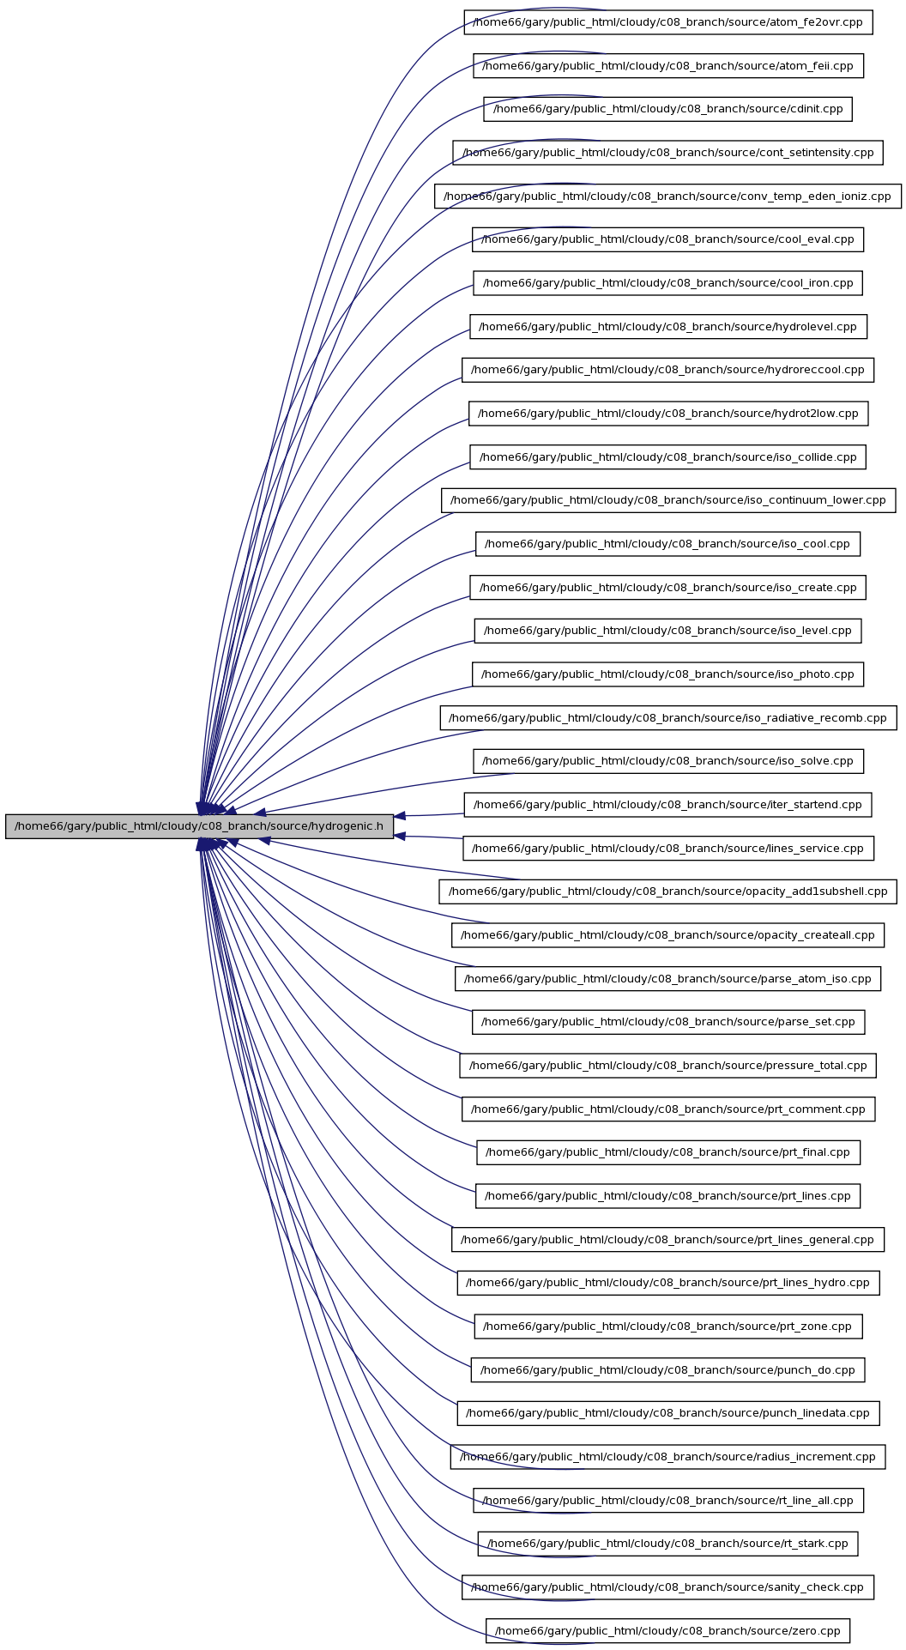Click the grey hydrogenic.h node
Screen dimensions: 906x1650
point(199,826)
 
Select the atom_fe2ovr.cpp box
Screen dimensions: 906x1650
point(668,22)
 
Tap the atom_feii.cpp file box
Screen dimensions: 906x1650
point(668,66)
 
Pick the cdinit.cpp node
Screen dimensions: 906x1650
point(668,109)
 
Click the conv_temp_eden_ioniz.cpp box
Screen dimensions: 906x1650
point(668,196)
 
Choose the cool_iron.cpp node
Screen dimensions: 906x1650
point(668,283)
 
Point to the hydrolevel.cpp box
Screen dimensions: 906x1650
point(668,327)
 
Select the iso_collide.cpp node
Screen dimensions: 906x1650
point(668,457)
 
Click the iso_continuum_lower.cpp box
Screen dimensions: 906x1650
point(668,500)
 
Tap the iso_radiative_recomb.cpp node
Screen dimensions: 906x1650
point(668,718)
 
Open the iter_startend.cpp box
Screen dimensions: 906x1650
point(668,805)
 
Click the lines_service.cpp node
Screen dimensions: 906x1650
point(668,849)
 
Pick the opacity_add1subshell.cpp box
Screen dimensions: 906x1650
point(668,891)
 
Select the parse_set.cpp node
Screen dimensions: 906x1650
point(668,1022)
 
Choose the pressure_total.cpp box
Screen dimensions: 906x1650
point(668,1066)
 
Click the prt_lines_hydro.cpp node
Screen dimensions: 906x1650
point(668,1283)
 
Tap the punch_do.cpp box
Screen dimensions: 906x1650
point(668,1370)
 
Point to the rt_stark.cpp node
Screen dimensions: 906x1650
point(668,1544)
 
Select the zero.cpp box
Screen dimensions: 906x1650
point(668,1631)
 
